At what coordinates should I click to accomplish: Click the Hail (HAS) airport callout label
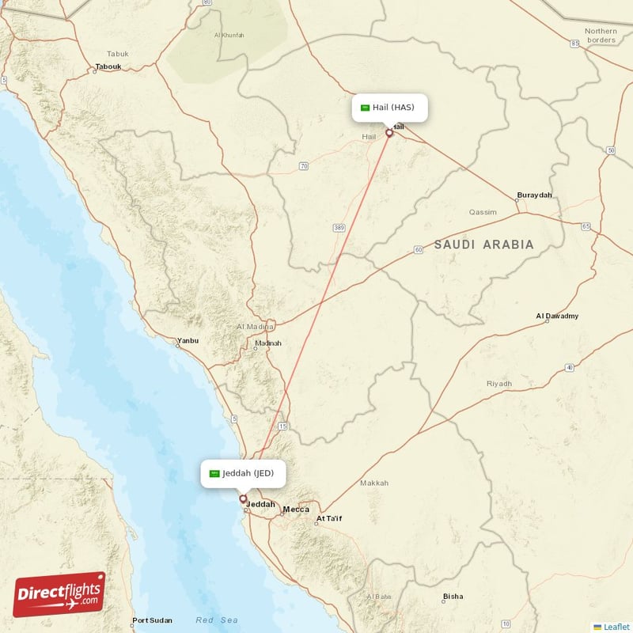click(x=390, y=107)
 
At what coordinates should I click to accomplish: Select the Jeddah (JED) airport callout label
click(x=242, y=473)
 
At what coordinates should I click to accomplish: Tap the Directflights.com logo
click(x=59, y=594)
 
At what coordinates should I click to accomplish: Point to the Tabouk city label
click(x=108, y=66)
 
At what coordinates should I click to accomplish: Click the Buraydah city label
click(x=534, y=195)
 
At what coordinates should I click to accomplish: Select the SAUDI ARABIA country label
click(x=483, y=244)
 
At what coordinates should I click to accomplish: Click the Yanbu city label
click(x=188, y=340)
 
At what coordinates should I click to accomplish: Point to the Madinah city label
click(x=267, y=343)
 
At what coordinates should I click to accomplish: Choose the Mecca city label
click(x=297, y=509)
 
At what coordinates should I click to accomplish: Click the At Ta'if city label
click(x=329, y=519)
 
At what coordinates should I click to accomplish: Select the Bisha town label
click(x=453, y=597)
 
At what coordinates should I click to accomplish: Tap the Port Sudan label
click(x=152, y=620)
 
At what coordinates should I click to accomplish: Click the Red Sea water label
click(x=216, y=620)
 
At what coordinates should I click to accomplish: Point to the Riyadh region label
click(x=499, y=383)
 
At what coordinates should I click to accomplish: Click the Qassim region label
click(x=483, y=212)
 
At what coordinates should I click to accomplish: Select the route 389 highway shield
click(x=339, y=228)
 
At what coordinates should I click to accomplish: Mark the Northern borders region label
click(x=601, y=36)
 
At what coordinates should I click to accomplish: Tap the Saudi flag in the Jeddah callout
click(x=214, y=473)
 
